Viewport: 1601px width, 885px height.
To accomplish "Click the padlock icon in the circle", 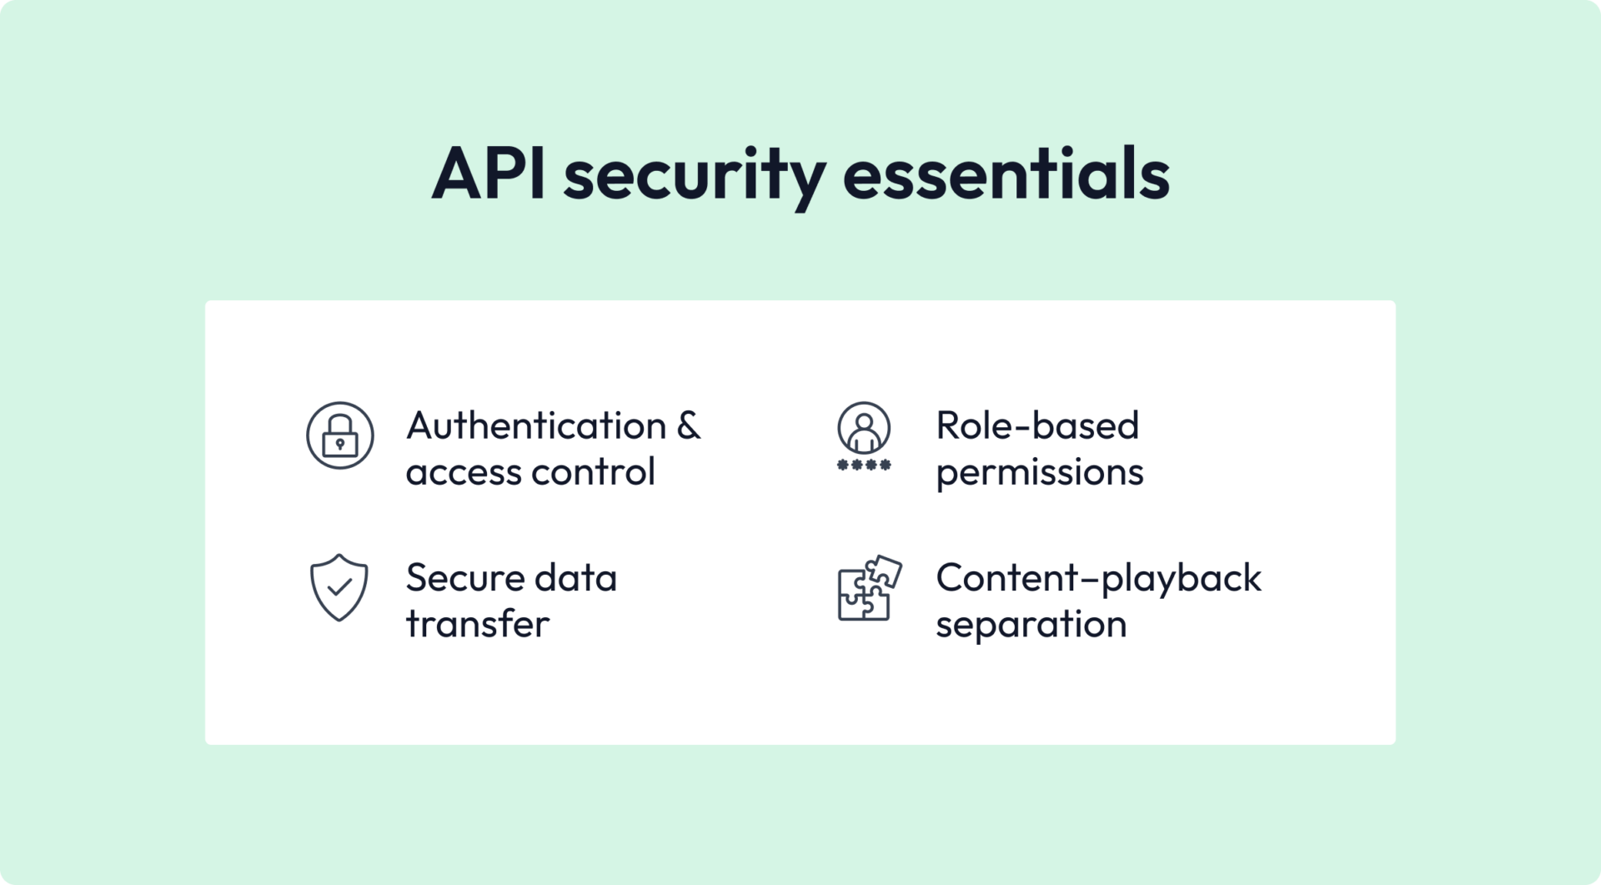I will click(x=339, y=435).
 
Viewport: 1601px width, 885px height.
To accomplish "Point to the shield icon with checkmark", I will click(x=339, y=587).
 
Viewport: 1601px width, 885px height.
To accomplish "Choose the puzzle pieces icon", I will click(x=869, y=588).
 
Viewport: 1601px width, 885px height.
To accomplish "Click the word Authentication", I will click(x=536, y=426).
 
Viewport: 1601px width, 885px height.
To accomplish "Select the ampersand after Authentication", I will click(x=689, y=425).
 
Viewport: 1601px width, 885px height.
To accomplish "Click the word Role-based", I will click(x=1037, y=426).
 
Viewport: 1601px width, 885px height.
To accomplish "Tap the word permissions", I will click(x=1040, y=473).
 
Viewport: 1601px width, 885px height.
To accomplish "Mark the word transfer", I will click(x=478, y=624).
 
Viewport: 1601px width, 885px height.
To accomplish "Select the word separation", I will click(x=1031, y=625).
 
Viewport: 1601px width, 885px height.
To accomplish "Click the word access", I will click(x=462, y=473).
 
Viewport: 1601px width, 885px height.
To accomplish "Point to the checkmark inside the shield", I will click(x=339, y=587).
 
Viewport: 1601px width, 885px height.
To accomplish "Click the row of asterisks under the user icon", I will click(x=864, y=465).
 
